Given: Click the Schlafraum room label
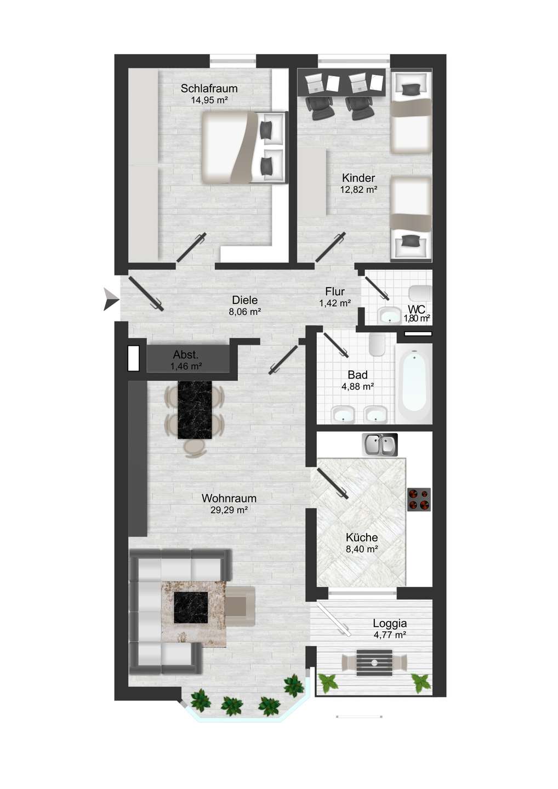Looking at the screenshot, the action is click(209, 88).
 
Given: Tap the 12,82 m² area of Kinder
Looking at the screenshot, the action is click(358, 190).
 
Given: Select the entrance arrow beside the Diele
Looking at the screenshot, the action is click(111, 299).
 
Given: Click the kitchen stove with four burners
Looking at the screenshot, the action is click(419, 499).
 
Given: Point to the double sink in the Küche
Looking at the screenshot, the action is click(379, 444).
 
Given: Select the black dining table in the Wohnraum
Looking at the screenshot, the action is click(195, 410).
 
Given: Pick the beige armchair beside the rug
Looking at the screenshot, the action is click(240, 606).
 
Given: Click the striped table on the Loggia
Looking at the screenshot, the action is click(374, 662).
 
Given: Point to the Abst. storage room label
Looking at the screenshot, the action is click(186, 355).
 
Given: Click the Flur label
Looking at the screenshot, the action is click(335, 291).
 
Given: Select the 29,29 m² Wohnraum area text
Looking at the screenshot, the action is click(229, 510).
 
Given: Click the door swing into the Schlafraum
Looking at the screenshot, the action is click(191, 248).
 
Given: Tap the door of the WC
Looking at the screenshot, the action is click(377, 288).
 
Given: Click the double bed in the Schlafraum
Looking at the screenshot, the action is click(244, 147).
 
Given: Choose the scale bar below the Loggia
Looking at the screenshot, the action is click(359, 716).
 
